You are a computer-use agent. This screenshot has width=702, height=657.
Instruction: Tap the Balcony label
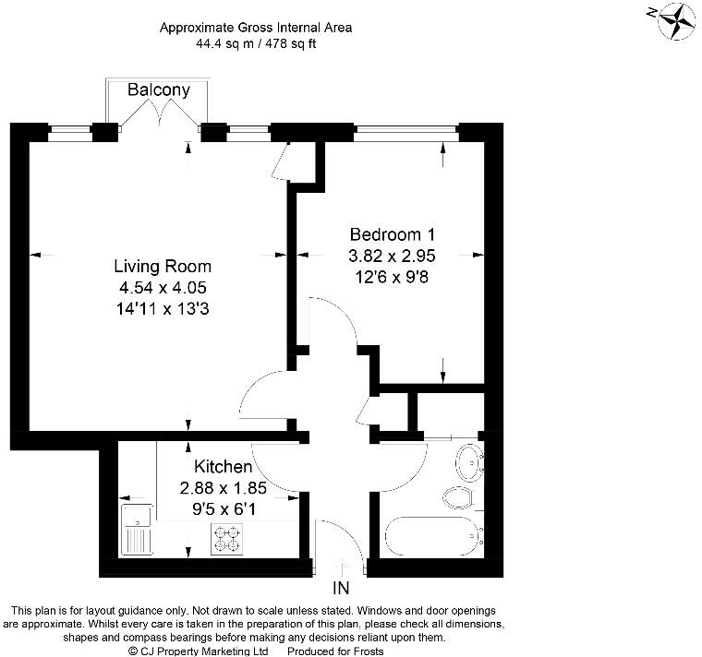click(x=159, y=90)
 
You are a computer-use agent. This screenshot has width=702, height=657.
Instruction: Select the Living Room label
click(x=163, y=266)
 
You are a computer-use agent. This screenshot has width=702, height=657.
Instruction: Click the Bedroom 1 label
click(x=393, y=234)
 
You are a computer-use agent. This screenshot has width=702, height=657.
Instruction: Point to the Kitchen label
click(x=223, y=467)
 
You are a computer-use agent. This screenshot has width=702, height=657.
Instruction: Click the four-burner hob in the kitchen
click(x=226, y=539)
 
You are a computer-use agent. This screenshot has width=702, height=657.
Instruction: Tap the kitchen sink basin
click(x=137, y=516)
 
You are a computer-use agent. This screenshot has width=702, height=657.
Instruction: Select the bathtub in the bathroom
click(x=434, y=536)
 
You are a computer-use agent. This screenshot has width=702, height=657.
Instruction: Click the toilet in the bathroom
click(x=460, y=497)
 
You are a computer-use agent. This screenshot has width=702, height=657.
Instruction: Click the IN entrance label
click(x=341, y=588)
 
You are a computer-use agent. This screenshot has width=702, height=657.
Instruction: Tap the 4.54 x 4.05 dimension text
click(x=163, y=287)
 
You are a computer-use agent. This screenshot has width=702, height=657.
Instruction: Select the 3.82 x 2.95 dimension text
click(x=392, y=256)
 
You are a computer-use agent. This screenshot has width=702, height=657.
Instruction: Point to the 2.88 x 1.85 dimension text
click(x=223, y=487)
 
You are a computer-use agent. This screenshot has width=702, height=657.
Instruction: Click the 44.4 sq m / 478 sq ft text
click(x=256, y=43)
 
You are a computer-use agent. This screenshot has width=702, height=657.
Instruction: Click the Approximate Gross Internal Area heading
click(x=256, y=28)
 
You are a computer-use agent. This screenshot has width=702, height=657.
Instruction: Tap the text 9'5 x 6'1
click(x=224, y=509)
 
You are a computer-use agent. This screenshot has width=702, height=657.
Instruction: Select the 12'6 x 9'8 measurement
click(x=392, y=277)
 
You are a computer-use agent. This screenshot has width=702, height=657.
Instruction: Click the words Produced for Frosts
click(x=335, y=651)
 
